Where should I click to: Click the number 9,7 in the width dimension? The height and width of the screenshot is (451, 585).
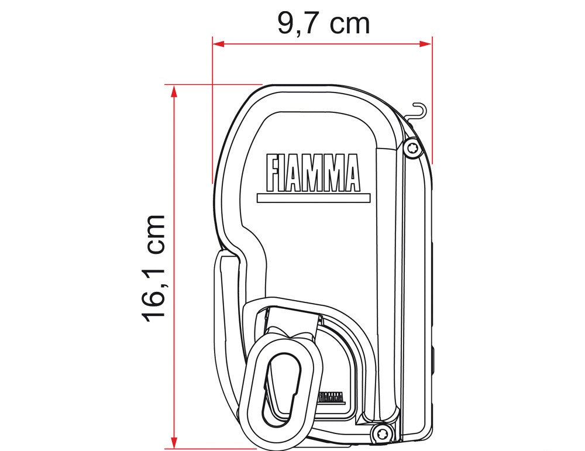[x=298, y=23]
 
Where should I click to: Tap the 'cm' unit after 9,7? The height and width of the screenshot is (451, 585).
[x=349, y=24]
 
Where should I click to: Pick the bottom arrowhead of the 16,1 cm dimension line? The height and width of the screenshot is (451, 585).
[x=174, y=445]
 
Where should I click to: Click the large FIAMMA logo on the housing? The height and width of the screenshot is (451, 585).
[x=313, y=173]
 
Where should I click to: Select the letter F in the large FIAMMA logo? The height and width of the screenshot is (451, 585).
[x=273, y=173]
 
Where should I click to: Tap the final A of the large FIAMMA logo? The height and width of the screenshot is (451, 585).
[x=352, y=173]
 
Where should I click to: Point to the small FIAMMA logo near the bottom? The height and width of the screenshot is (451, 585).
[x=331, y=397]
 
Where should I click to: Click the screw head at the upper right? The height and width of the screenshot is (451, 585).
[x=413, y=149]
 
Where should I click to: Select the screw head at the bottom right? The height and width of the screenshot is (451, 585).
[x=382, y=433]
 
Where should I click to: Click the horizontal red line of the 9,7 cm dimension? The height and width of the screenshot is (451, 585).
[x=322, y=43]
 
